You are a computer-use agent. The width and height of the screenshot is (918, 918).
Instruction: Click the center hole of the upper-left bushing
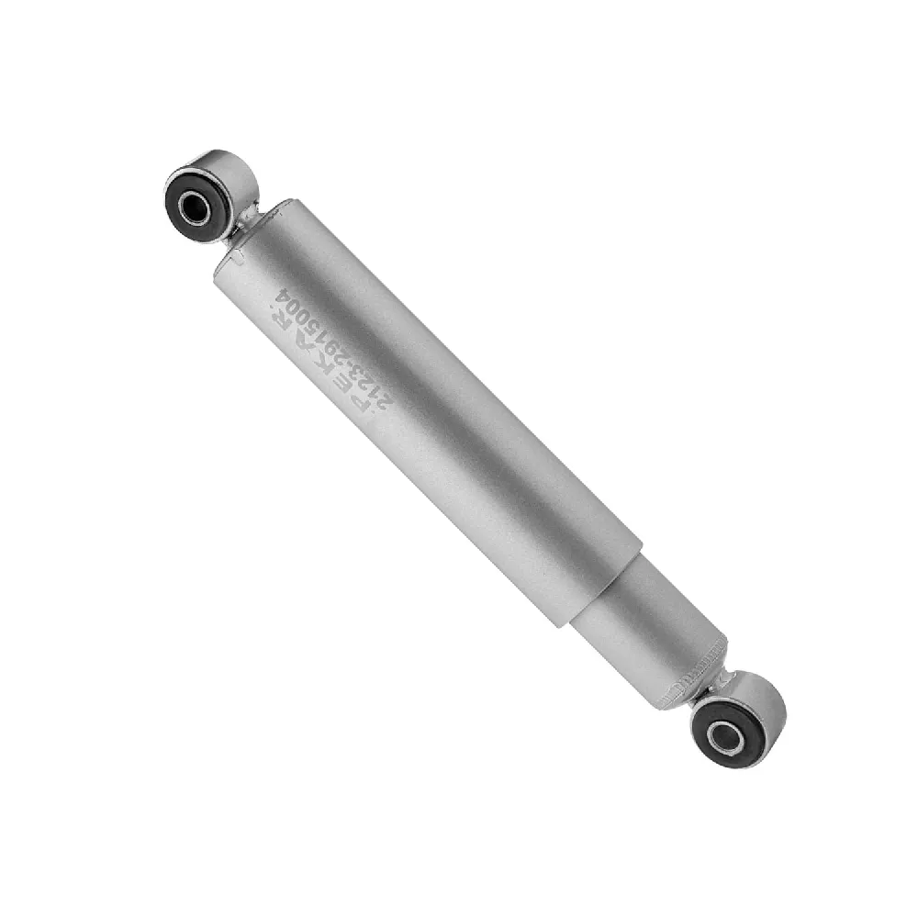pos(194,207)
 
